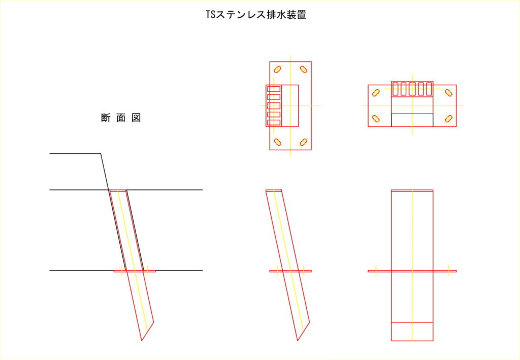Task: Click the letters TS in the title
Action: (x=211, y=15)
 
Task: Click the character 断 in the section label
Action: (x=106, y=118)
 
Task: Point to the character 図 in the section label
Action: (x=136, y=118)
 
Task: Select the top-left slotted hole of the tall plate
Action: (x=278, y=69)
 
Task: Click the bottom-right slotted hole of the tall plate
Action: (x=304, y=142)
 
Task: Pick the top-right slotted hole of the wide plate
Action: (x=449, y=93)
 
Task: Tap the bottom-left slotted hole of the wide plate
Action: (x=376, y=119)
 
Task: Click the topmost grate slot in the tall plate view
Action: (x=274, y=89)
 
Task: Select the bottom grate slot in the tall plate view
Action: (x=274, y=123)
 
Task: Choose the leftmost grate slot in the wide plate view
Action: (x=395, y=89)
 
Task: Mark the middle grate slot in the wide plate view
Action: (x=412, y=89)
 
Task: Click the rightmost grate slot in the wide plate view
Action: (x=429, y=89)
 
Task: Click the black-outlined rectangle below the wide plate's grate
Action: (x=412, y=120)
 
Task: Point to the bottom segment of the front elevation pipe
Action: (x=412, y=332)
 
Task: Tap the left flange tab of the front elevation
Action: (x=380, y=271)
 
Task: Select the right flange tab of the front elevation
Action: (x=445, y=271)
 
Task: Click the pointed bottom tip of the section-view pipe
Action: (x=142, y=340)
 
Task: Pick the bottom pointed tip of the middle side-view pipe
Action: (x=298, y=340)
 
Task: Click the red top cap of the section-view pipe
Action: (x=118, y=190)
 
